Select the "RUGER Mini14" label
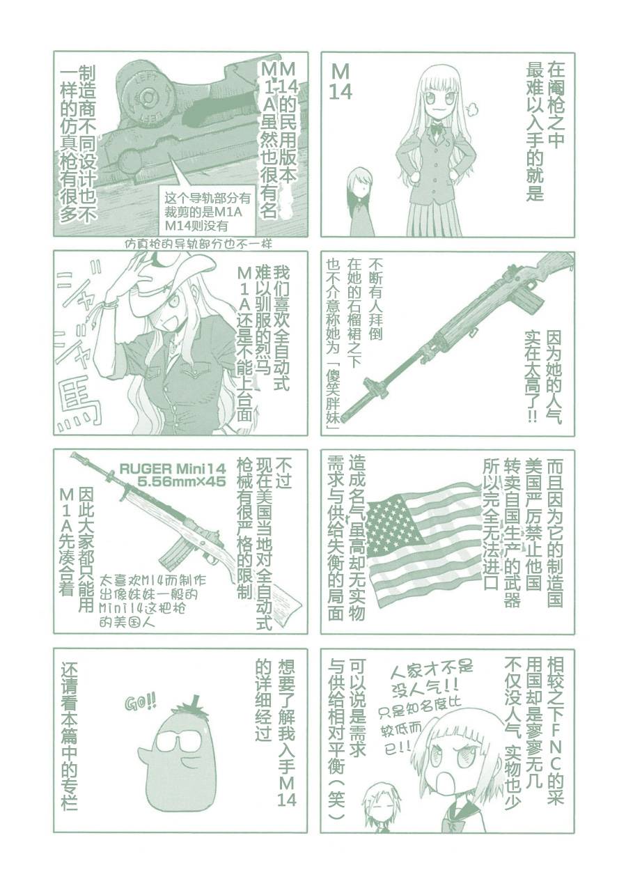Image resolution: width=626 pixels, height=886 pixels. pos(173,469)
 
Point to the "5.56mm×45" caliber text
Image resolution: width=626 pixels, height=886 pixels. pos(176,482)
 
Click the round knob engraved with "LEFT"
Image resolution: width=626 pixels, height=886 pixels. pos(147,96)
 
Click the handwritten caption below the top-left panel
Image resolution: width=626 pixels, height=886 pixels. pos(197,244)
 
